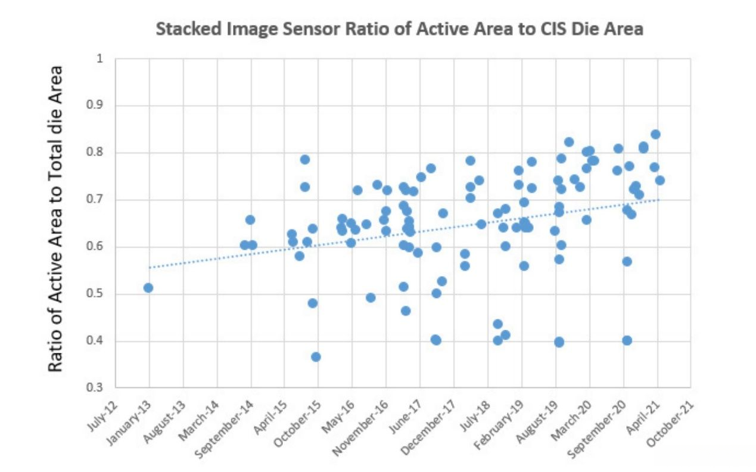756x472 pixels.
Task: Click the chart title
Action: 399,29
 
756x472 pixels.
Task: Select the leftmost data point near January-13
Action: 148,288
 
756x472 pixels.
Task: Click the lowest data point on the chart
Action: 316,357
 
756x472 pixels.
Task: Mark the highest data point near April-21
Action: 655,134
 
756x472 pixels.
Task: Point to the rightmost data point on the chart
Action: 659,180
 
